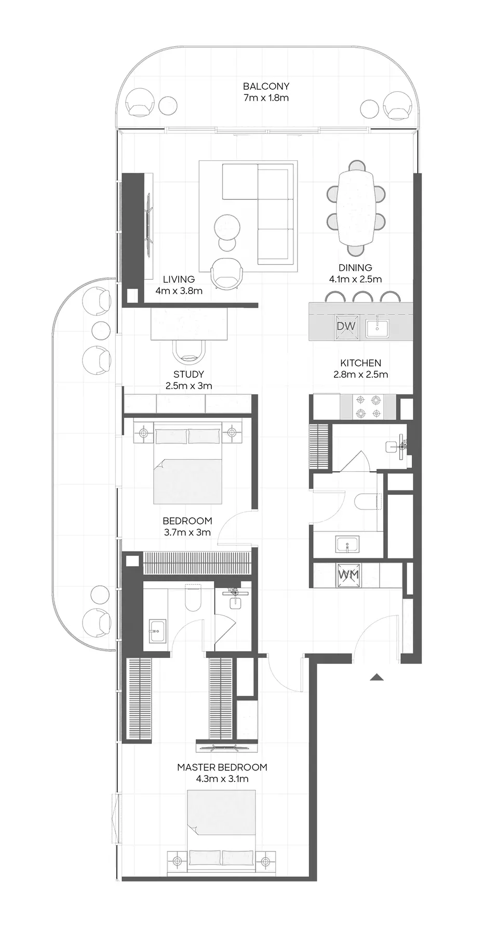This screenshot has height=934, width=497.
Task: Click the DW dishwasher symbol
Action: (346, 326)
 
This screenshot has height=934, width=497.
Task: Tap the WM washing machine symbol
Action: (348, 575)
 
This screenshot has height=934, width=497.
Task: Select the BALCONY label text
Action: (266, 86)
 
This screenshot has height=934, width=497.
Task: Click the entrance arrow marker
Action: (377, 677)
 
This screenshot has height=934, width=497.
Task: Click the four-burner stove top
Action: (368, 407)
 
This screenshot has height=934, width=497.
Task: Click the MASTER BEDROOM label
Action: (222, 767)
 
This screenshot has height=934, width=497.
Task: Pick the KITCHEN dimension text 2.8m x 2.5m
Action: (360, 374)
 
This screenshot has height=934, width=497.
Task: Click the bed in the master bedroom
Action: (222, 825)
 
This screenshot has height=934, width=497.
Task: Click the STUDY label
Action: (189, 374)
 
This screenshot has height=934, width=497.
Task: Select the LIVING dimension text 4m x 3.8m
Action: (179, 291)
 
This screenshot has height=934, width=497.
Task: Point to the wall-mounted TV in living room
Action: (149, 224)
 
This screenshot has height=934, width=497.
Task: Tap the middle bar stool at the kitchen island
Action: (361, 297)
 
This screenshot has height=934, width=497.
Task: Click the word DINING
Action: (355, 268)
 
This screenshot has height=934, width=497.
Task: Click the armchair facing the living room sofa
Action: (226, 272)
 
